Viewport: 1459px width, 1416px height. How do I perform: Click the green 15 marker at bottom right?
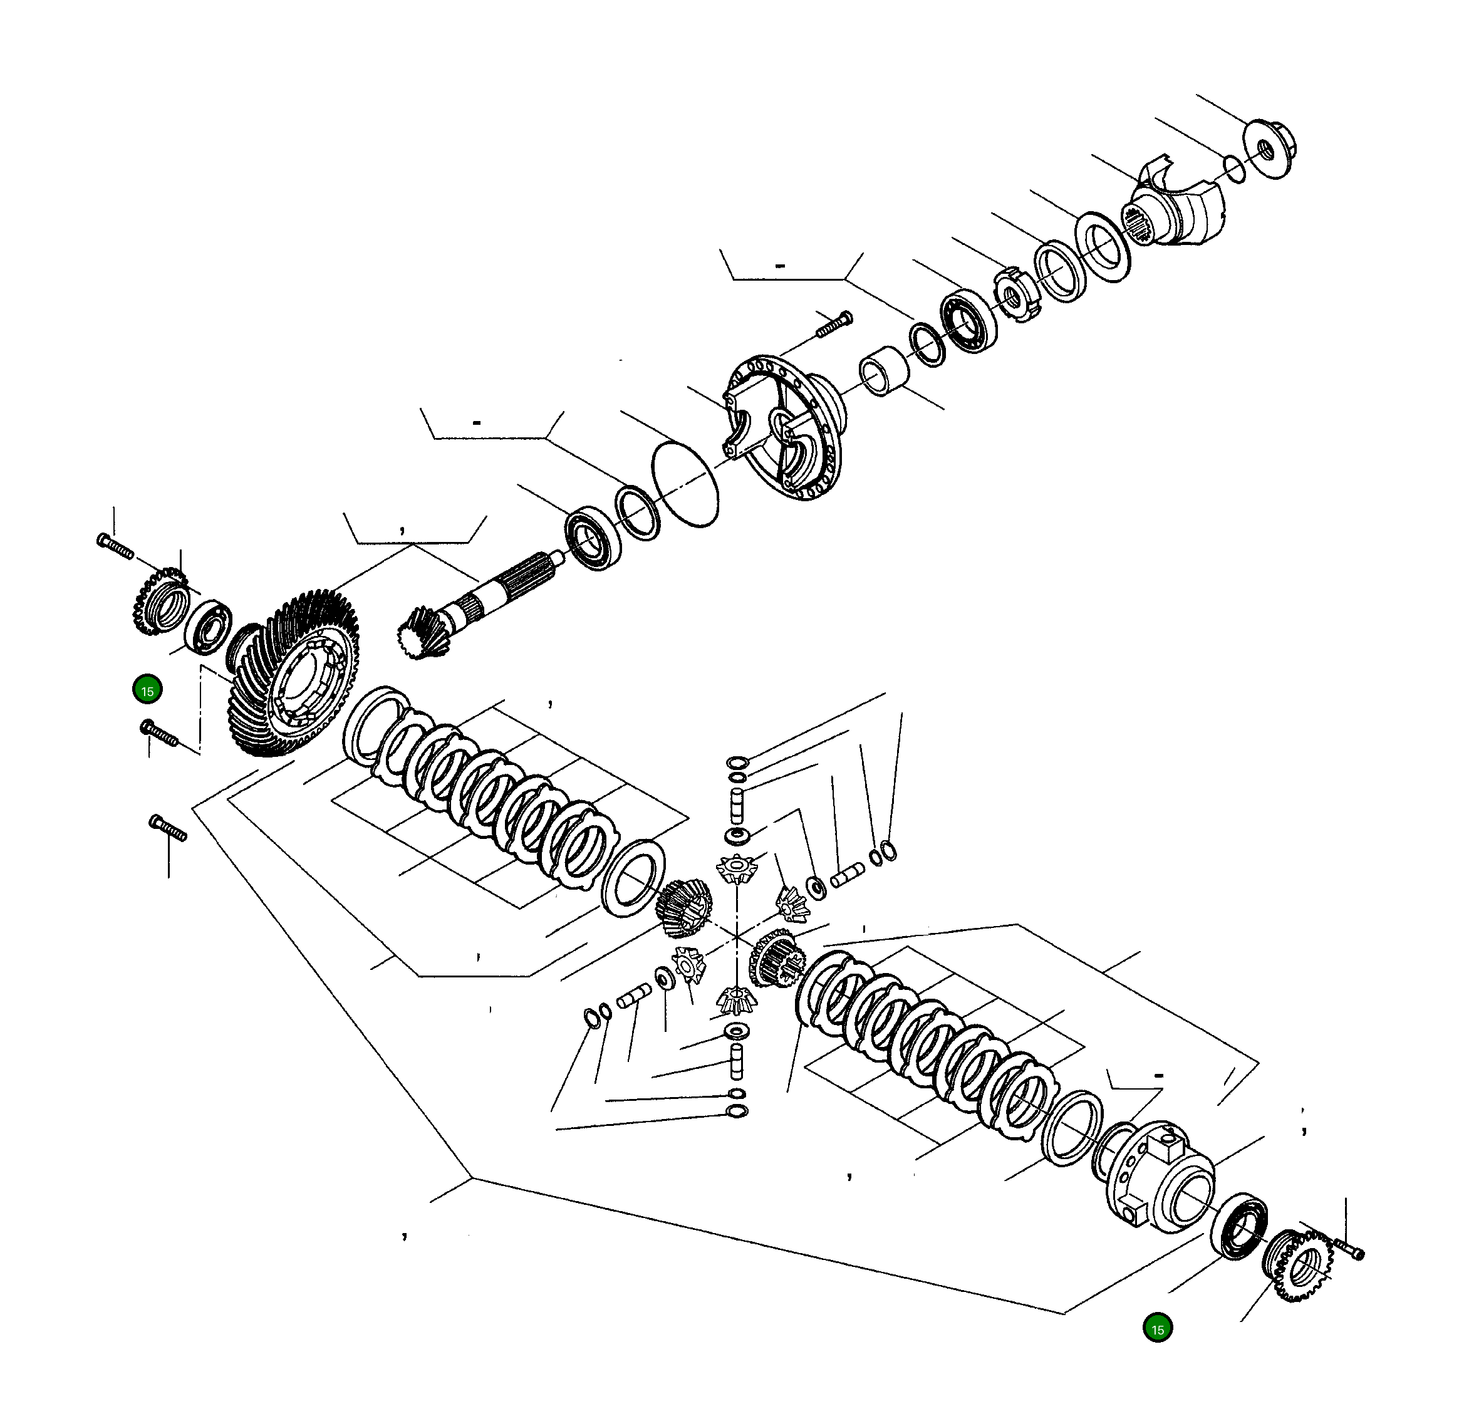(x=1157, y=1329)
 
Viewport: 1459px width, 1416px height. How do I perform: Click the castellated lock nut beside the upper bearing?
(x=1015, y=295)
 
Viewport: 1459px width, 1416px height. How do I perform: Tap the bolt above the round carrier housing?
(x=834, y=325)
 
